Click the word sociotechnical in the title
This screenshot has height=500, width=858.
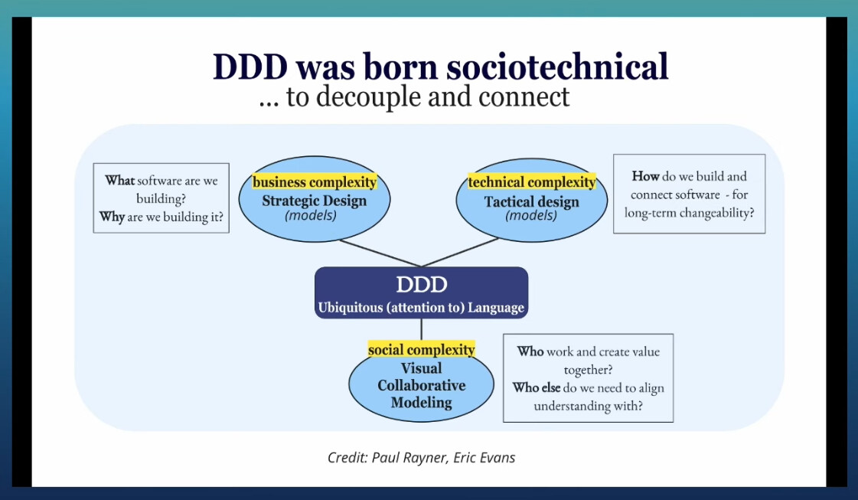click(x=557, y=67)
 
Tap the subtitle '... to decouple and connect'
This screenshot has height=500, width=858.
click(x=414, y=96)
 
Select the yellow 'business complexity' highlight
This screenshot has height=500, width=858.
click(x=315, y=181)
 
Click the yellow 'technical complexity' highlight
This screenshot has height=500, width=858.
click(x=532, y=181)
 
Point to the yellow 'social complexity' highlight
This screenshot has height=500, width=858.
click(x=421, y=349)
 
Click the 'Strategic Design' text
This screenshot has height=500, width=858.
click(x=314, y=201)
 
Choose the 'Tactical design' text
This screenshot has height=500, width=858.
click(x=531, y=201)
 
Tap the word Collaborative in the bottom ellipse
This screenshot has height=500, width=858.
click(x=421, y=385)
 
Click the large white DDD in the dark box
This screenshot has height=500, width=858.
click(x=421, y=284)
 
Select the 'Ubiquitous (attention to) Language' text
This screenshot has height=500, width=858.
click(x=421, y=307)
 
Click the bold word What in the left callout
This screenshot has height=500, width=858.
click(x=120, y=180)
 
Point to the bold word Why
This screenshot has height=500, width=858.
click(x=113, y=217)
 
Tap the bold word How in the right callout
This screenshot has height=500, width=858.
click(x=646, y=176)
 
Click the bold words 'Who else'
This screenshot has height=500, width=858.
click(x=537, y=387)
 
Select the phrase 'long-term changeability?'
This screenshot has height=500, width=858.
click(x=689, y=213)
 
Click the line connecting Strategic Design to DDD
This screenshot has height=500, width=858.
click(x=380, y=253)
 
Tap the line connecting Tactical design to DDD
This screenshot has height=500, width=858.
click(x=460, y=253)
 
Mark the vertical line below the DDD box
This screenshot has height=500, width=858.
click(x=421, y=329)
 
